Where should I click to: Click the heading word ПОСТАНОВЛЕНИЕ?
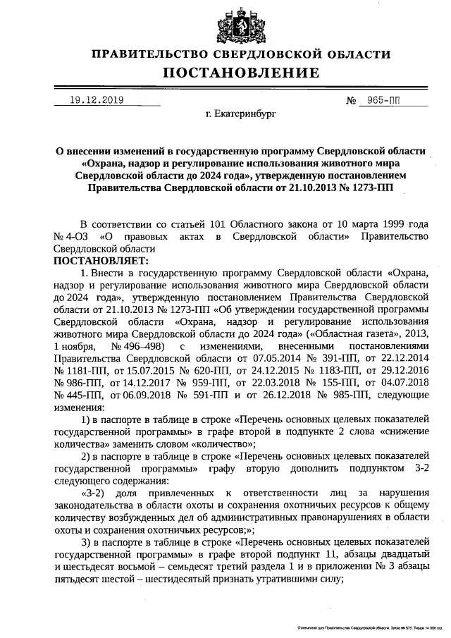(x=242, y=73)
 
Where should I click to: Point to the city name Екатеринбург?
(x=242, y=114)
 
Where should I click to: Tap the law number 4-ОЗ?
(x=78, y=236)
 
